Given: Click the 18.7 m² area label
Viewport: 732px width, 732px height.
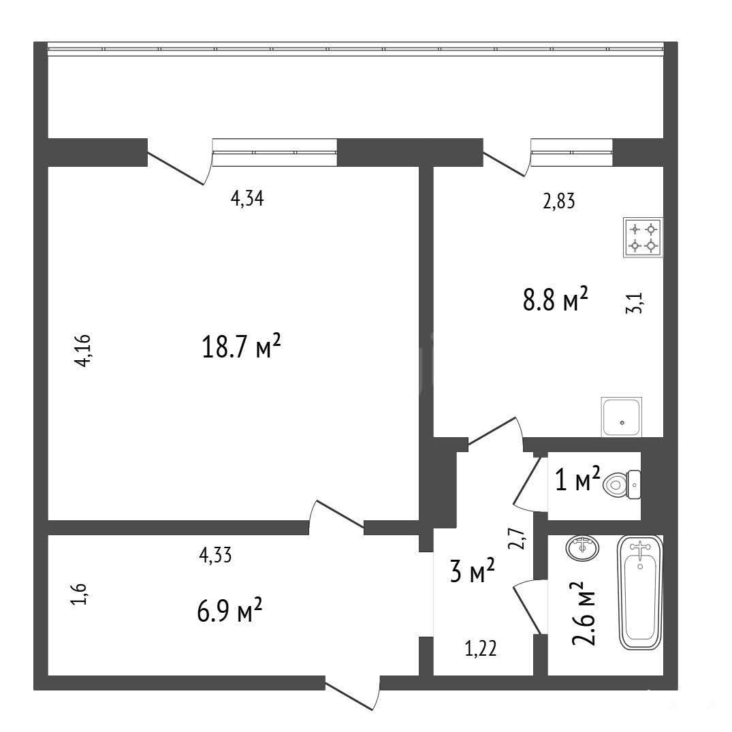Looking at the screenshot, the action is [x=241, y=347].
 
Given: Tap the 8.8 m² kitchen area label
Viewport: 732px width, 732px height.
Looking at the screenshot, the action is [x=555, y=299].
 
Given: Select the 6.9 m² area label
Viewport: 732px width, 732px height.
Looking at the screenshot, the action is [x=229, y=611].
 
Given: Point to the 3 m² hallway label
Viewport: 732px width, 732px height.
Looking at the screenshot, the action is [x=472, y=571].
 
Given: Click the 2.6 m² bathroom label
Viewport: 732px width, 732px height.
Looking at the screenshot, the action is [x=584, y=613].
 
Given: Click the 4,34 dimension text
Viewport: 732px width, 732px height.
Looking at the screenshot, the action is [x=247, y=199].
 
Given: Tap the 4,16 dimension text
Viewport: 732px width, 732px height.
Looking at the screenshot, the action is [x=84, y=351].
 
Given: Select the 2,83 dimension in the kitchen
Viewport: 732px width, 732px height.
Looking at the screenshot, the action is [x=559, y=202].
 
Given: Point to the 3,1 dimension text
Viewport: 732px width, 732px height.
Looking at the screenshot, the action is [x=635, y=302].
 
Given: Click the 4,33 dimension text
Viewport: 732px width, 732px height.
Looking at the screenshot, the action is [x=215, y=556].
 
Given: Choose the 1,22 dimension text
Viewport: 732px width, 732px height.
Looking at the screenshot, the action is [x=480, y=649].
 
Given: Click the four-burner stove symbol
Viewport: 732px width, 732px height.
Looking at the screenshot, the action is [x=643, y=237].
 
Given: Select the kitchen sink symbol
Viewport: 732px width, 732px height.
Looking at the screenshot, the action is [x=622, y=417].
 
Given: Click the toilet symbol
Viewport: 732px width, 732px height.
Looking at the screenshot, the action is [x=622, y=485].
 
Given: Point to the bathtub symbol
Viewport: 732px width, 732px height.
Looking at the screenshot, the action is [x=639, y=592].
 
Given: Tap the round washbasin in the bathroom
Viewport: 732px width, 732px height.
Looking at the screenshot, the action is [x=582, y=547].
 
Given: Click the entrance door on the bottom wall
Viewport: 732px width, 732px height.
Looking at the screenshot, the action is [x=353, y=693].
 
